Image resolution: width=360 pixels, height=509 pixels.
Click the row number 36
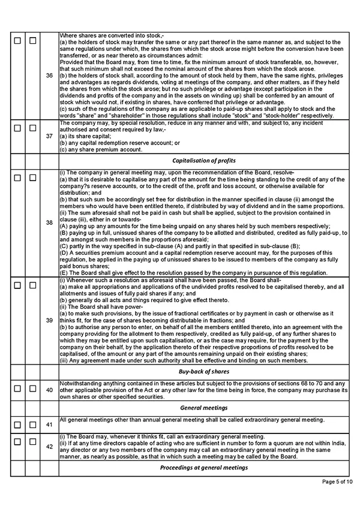49,75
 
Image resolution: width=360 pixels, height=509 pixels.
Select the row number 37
49,136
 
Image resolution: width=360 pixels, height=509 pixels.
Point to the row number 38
49,222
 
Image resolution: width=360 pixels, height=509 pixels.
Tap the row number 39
49,321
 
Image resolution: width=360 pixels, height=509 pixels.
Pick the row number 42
49,447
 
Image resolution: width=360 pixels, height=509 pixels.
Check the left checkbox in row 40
17,389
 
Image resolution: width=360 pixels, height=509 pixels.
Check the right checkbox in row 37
33,129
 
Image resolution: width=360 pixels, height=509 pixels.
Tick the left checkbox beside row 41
17,424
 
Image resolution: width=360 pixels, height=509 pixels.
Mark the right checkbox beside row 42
33,441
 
